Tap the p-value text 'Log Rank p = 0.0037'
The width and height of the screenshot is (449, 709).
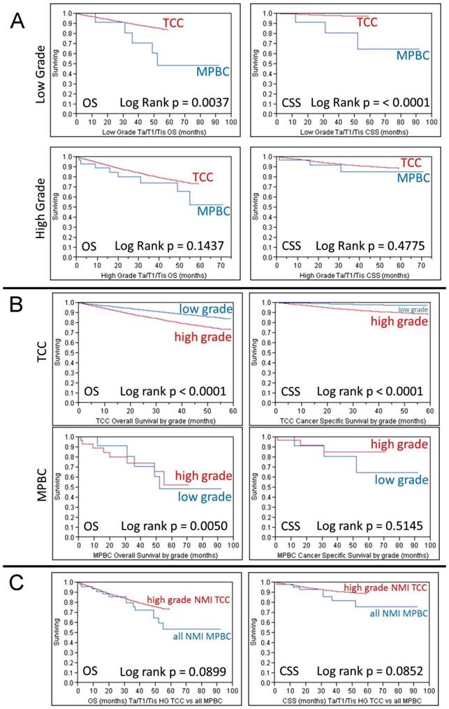pos(175,103)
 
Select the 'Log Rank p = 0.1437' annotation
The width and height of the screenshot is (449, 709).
pos(175,246)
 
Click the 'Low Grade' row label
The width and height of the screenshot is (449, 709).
pos(39,75)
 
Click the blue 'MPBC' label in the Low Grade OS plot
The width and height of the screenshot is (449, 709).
pos(212,71)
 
